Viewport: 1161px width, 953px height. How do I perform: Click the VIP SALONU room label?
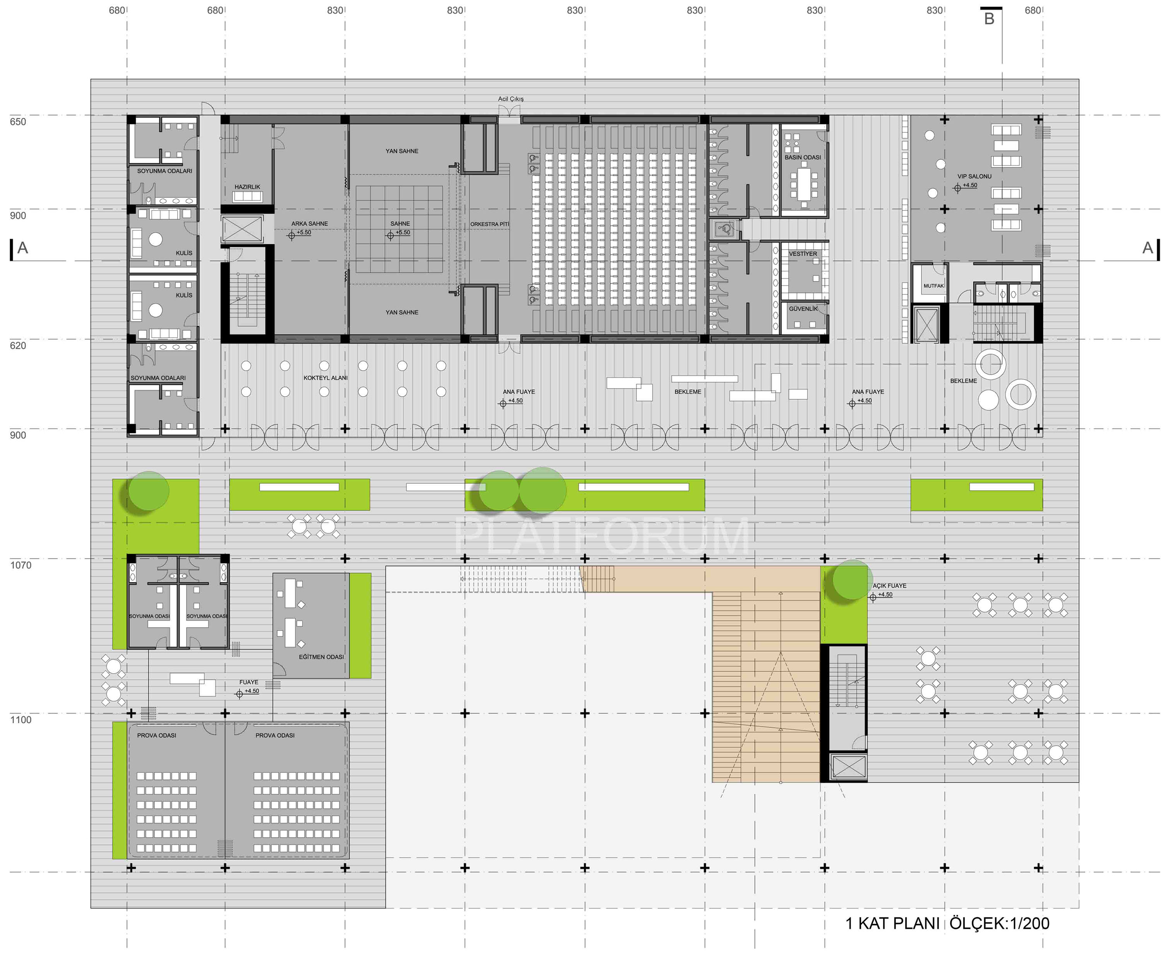974,176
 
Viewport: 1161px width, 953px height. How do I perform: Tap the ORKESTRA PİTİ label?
489,224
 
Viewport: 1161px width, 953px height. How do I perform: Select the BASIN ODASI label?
803,157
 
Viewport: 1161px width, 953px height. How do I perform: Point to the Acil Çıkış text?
510,99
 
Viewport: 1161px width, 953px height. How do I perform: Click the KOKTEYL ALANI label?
325,378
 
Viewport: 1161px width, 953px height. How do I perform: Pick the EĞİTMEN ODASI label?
321,657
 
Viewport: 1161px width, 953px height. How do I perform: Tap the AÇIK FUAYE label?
889,586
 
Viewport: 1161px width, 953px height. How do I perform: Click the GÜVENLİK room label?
803,308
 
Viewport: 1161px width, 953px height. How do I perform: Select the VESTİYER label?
803,253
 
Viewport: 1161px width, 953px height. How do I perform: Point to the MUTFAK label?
933,286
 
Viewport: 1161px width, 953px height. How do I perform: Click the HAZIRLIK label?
247,186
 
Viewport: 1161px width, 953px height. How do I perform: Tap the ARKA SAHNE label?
309,223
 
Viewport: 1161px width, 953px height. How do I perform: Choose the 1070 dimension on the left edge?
21,565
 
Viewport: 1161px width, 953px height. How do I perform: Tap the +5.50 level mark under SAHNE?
402,232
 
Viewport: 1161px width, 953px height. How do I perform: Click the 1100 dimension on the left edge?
21,720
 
